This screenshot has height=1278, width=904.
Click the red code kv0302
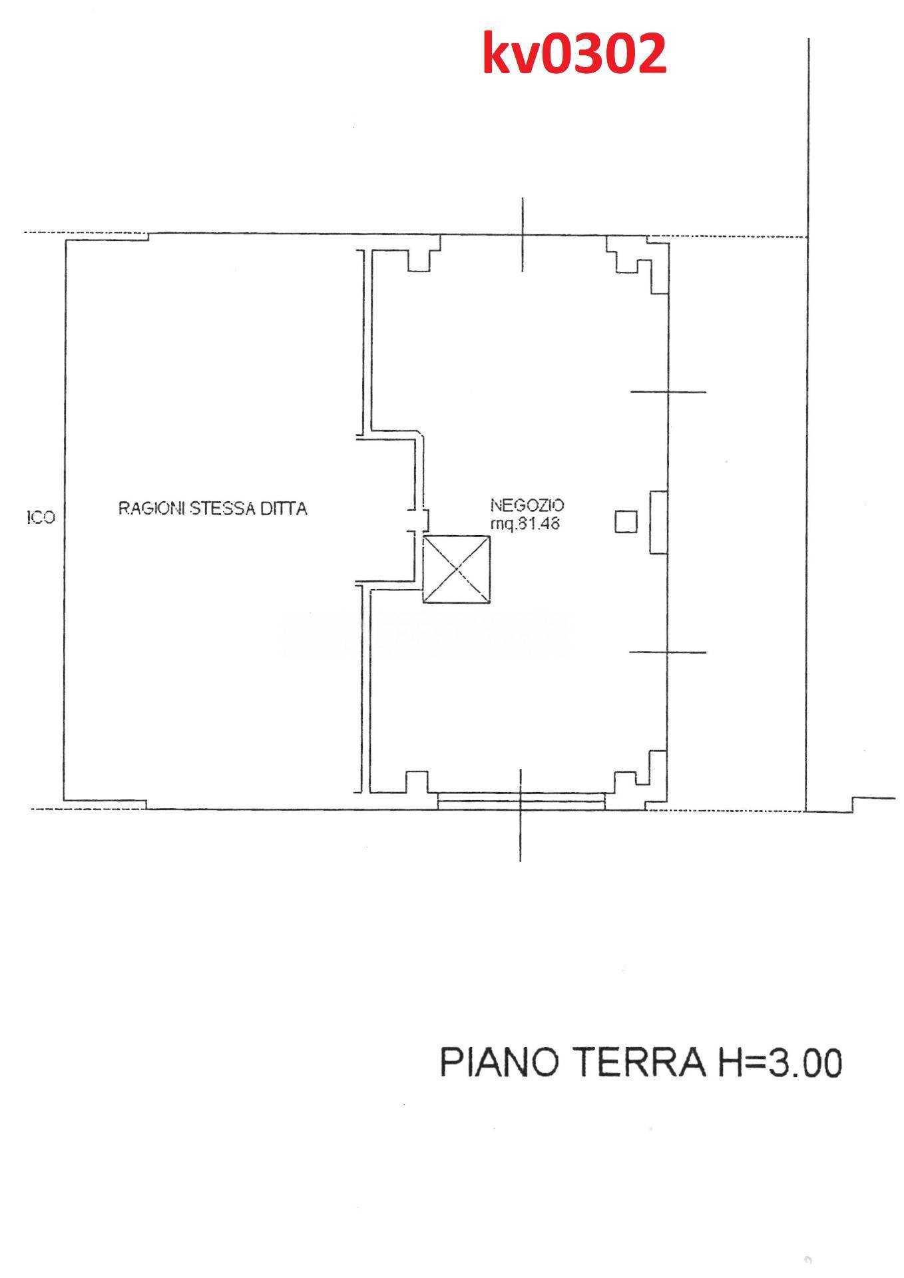(574, 54)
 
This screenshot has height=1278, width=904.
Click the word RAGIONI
(152, 509)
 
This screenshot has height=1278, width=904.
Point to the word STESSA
(220, 509)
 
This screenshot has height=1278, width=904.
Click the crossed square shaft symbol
(457, 570)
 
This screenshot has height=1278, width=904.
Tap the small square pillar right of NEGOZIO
(626, 522)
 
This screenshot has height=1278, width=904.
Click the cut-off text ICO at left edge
(41, 517)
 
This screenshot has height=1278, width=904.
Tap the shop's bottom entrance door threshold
(522, 800)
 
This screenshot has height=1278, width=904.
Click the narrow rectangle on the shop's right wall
(658, 523)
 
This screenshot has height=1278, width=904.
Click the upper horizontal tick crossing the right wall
(668, 392)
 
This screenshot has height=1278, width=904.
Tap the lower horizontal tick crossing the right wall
(668, 652)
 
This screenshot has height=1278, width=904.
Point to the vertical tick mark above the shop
(523, 234)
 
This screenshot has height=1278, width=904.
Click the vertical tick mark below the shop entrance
(521, 815)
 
